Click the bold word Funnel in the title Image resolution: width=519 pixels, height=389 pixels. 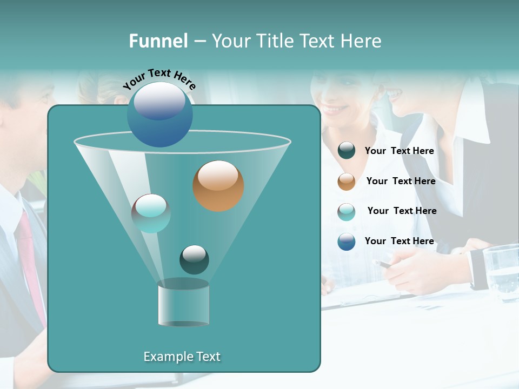(x=158, y=41)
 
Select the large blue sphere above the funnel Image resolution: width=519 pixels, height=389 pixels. (x=160, y=115)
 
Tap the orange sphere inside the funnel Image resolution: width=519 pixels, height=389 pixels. (x=218, y=186)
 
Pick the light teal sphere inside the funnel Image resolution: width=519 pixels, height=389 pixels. (x=151, y=213)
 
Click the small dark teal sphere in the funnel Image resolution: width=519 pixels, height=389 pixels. (x=194, y=260)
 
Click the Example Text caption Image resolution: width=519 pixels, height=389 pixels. (x=182, y=357)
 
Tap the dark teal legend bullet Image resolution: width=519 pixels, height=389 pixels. (x=347, y=151)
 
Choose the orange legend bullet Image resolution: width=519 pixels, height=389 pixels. (x=347, y=181)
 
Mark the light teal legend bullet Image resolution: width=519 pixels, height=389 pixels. (x=347, y=211)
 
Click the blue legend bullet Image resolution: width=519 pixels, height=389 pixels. (x=347, y=242)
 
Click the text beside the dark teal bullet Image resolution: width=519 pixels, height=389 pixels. (x=399, y=151)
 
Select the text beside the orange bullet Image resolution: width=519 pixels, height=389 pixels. (x=401, y=181)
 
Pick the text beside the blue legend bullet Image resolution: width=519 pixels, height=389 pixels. (x=399, y=241)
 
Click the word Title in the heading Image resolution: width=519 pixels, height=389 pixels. (x=276, y=41)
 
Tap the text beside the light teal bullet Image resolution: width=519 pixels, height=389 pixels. (x=402, y=211)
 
